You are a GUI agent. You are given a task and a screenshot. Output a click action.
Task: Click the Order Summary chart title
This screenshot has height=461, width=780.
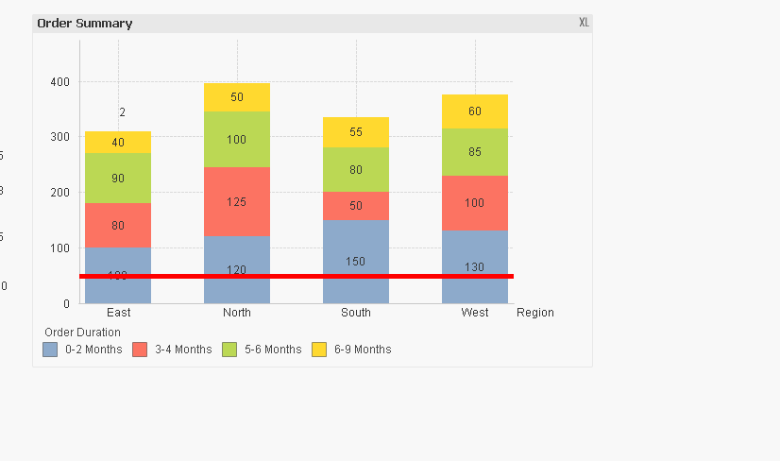coord(85,23)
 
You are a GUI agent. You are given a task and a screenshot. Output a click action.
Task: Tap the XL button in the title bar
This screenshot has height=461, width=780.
coord(584,23)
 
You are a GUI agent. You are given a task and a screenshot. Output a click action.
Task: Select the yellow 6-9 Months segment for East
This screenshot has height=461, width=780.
coord(118,143)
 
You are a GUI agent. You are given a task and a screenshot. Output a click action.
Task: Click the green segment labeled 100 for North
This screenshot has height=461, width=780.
coord(237,139)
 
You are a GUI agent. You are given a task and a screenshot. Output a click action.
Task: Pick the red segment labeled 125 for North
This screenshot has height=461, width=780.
coord(237,201)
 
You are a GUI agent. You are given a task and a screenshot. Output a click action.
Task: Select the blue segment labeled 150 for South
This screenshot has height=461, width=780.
coord(356,255)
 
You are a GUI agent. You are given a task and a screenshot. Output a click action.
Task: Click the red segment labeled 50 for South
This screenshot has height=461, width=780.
coord(356,206)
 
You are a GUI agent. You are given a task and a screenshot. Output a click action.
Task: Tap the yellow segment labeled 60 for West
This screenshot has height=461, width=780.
coord(475,111)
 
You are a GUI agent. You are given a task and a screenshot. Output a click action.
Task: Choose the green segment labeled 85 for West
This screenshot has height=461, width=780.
coord(475,151)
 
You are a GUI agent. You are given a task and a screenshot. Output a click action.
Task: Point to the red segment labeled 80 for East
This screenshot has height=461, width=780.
coord(118,225)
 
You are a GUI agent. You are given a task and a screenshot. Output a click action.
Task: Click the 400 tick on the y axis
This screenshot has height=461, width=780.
coord(59,82)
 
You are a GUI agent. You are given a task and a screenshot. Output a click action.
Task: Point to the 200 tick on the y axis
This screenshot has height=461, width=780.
coord(59,193)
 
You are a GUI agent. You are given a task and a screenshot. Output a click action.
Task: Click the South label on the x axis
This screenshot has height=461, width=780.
coord(356,313)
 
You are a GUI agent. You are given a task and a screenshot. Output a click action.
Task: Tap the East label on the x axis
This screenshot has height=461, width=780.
coord(118,313)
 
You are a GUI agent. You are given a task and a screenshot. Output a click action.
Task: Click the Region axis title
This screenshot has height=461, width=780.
coord(535,313)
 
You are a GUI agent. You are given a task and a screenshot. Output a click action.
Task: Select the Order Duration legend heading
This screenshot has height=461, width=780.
coord(82,333)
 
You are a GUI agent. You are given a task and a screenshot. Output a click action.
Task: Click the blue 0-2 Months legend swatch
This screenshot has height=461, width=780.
coord(50,350)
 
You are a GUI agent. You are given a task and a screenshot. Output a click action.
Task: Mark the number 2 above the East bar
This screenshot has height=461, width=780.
coord(122,112)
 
